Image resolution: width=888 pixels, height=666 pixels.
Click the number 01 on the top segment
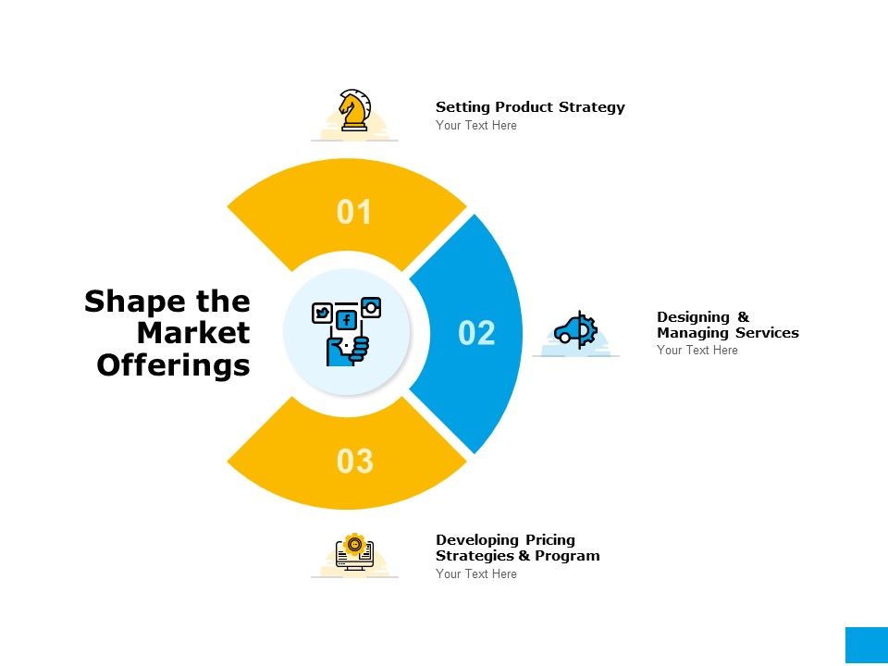pos(354,212)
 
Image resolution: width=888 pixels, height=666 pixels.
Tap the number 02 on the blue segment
pos(476,332)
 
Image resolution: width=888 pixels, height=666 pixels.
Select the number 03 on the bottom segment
pos(355,461)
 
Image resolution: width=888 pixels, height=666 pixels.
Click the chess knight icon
pos(354,110)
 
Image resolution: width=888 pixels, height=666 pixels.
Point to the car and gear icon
pos(576,329)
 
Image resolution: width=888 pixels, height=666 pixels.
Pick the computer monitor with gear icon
pos(354,551)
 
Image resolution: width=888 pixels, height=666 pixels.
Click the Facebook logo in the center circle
pos(346,321)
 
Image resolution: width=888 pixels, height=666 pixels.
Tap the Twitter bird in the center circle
pos(322,313)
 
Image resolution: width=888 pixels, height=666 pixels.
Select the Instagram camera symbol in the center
pos(371,307)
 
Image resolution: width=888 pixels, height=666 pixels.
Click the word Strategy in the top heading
pos(592,107)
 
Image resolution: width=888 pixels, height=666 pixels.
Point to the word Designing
pos(693,317)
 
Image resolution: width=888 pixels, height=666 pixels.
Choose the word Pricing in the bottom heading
pos(549,539)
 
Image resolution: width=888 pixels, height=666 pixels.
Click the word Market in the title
pos(193,332)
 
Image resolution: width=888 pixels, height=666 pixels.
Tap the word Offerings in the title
pos(173,364)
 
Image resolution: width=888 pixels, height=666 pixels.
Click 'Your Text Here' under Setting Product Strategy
pos(476,125)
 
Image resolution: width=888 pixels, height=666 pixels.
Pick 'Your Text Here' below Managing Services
pos(697,350)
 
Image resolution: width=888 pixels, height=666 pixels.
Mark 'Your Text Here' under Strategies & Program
pos(476,573)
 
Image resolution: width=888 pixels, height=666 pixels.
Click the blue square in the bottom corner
pos(867,645)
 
